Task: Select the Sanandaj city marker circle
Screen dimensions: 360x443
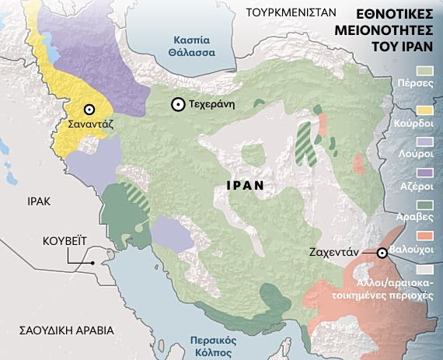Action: (x=90, y=110)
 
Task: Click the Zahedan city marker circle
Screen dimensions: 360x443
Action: (x=382, y=253)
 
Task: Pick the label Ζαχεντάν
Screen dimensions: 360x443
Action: (x=347, y=253)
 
